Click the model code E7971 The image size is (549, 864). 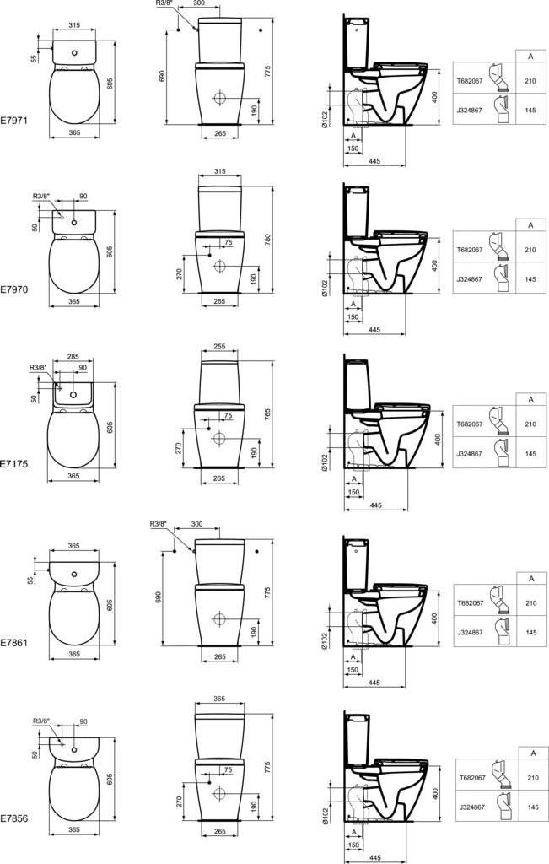(13, 120)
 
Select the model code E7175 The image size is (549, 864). (13, 464)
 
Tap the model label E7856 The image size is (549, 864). (13, 818)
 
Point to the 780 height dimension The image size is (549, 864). (268, 239)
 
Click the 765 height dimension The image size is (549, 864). (267, 414)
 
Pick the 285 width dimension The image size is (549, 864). (73, 357)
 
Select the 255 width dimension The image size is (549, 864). (219, 347)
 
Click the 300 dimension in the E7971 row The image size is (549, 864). (199, 3)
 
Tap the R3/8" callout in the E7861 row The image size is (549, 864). (158, 524)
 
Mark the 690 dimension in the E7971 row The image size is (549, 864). (162, 76)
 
